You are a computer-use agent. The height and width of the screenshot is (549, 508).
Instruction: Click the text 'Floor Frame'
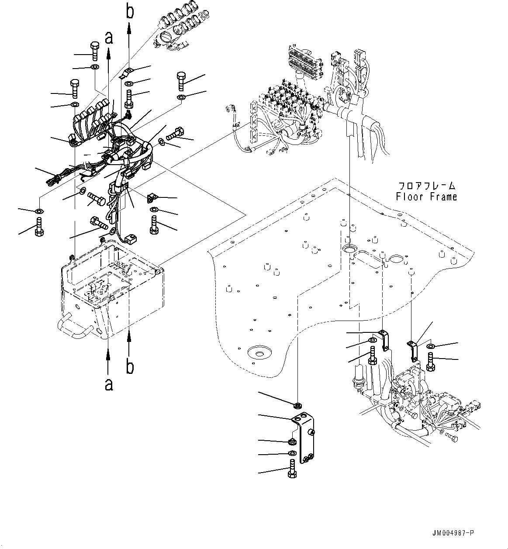[x=426, y=197]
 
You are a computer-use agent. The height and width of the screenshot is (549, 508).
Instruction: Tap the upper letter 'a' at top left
[x=109, y=38]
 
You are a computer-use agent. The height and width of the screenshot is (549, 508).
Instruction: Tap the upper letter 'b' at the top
[x=130, y=12]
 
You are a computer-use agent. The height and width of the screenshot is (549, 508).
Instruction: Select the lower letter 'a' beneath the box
[x=108, y=384]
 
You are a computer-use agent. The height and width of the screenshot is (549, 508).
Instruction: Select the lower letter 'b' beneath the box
[x=130, y=367]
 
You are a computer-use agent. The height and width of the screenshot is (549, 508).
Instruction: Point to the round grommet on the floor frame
[x=349, y=249]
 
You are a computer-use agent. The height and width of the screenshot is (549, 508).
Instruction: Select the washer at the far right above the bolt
[x=430, y=346]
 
